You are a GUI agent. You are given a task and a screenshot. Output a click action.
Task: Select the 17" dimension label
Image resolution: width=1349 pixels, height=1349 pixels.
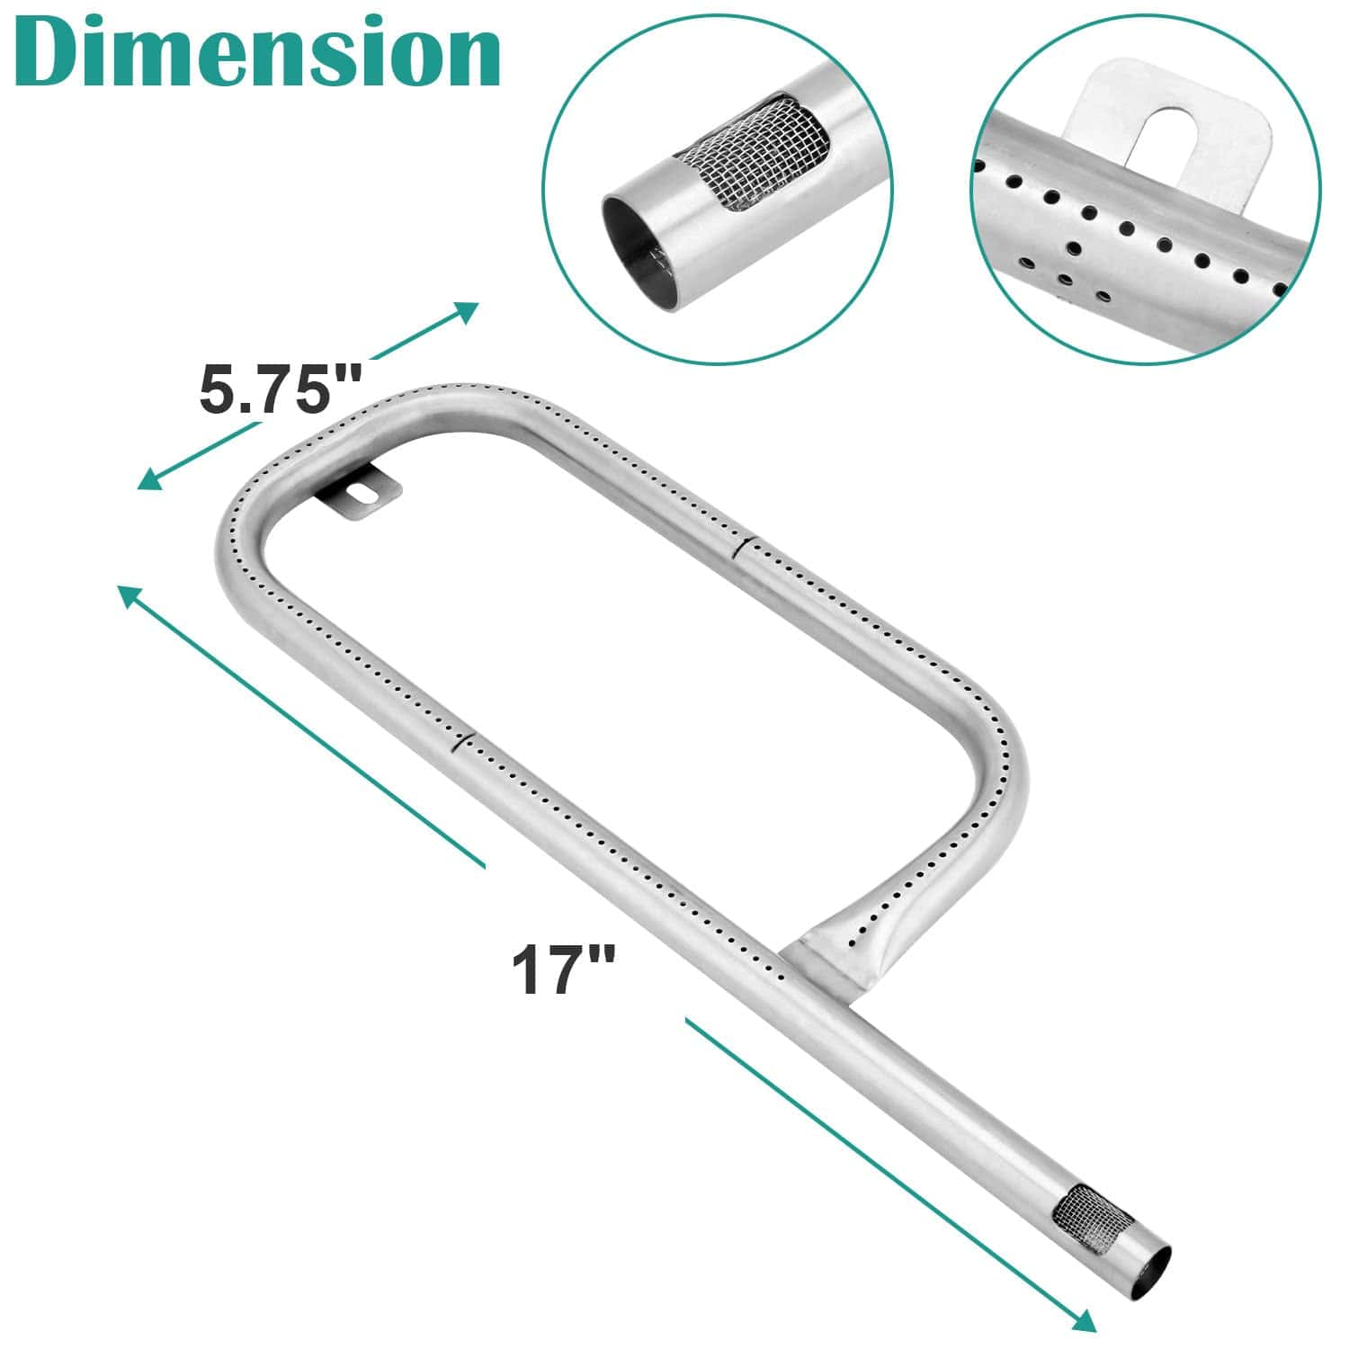click(564, 968)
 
